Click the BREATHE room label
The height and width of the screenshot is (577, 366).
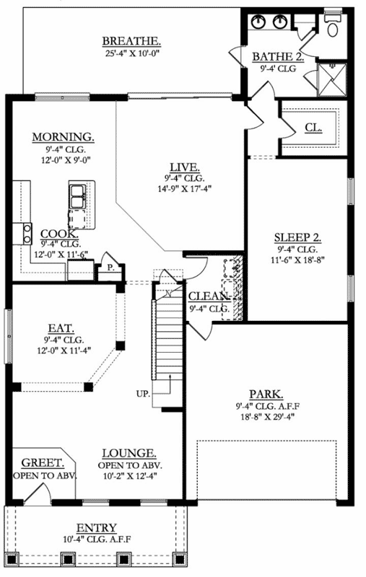click(x=131, y=41)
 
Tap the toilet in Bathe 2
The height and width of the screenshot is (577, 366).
click(x=333, y=27)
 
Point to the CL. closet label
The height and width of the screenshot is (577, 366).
click(x=313, y=127)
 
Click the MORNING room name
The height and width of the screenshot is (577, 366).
click(x=63, y=137)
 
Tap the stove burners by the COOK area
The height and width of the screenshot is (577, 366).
click(x=27, y=233)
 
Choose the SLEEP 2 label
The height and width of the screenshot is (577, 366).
click(x=297, y=238)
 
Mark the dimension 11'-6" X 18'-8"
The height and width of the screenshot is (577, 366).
click(x=297, y=261)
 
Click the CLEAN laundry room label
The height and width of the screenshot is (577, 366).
click(x=209, y=296)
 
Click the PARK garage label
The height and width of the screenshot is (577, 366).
click(x=266, y=394)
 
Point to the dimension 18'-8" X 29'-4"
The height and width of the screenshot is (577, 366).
click(x=266, y=417)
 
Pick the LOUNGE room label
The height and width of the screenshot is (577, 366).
click(x=129, y=453)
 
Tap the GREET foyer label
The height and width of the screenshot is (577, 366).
click(x=43, y=464)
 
